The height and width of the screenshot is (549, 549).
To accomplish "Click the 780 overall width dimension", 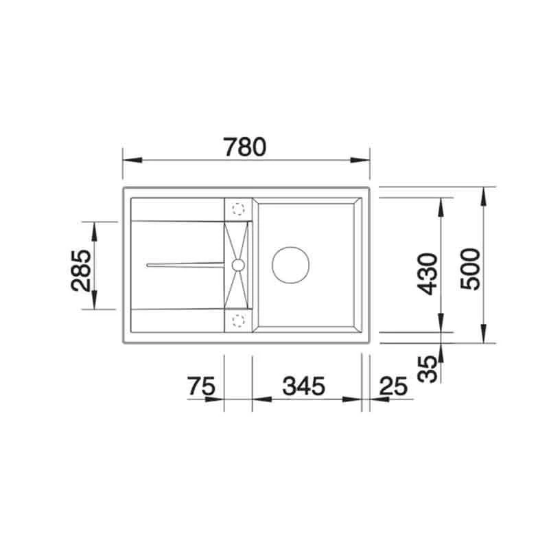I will tap(245, 147).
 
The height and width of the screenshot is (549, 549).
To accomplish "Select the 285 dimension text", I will tap(80, 269).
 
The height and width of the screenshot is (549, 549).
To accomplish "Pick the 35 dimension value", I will tap(427, 369).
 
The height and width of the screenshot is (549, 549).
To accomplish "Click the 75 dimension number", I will tap(201, 386).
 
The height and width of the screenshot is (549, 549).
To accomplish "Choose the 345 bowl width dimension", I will tap(301, 386).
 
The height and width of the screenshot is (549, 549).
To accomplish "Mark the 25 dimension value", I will tap(394, 386).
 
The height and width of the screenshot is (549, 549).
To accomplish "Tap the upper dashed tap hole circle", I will tap(239, 209).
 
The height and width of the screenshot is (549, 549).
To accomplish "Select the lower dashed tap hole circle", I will tap(239, 319).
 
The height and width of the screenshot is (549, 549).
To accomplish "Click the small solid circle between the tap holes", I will tap(238, 264).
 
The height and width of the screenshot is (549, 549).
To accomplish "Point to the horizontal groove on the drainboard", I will tap(185, 264).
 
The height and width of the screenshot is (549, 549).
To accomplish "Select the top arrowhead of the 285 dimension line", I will tap(95, 229).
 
